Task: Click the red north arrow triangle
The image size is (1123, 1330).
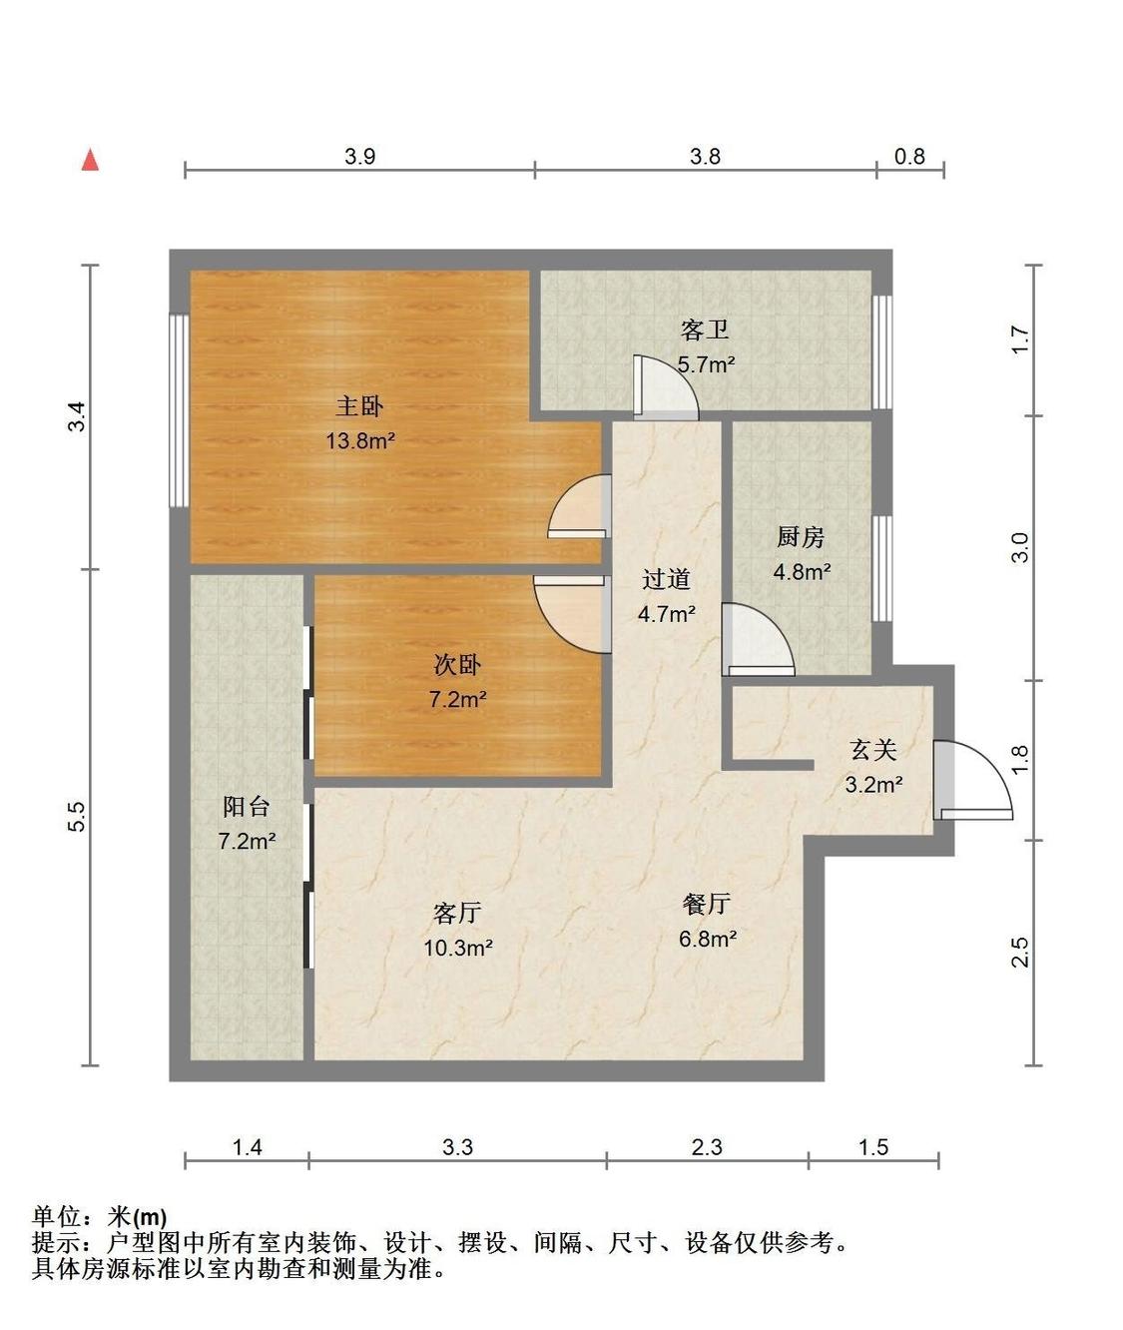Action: pyautogui.click(x=91, y=160)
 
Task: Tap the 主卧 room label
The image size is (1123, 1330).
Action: pyautogui.click(x=360, y=405)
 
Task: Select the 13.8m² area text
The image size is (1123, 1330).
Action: pyautogui.click(x=361, y=440)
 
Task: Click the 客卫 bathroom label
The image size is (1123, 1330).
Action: pyautogui.click(x=705, y=330)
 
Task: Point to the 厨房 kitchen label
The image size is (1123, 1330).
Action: pyautogui.click(x=801, y=537)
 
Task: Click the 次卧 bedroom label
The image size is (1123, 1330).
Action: pyautogui.click(x=457, y=665)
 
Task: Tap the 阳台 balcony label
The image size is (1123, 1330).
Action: pyautogui.click(x=247, y=807)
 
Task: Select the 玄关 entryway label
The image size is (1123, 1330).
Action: pyautogui.click(x=873, y=750)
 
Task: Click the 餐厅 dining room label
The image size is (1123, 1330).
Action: pyautogui.click(x=707, y=904)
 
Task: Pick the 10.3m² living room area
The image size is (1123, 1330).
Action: pyautogui.click(x=458, y=948)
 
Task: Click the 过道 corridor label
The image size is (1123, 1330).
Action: pyautogui.click(x=666, y=579)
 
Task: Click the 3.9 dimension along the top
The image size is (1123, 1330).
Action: pyautogui.click(x=360, y=156)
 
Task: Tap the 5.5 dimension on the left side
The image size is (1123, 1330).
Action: pyautogui.click(x=76, y=817)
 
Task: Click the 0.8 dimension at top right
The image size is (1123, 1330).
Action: pyautogui.click(x=909, y=156)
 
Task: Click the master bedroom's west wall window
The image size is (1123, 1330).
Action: pyautogui.click(x=180, y=410)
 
